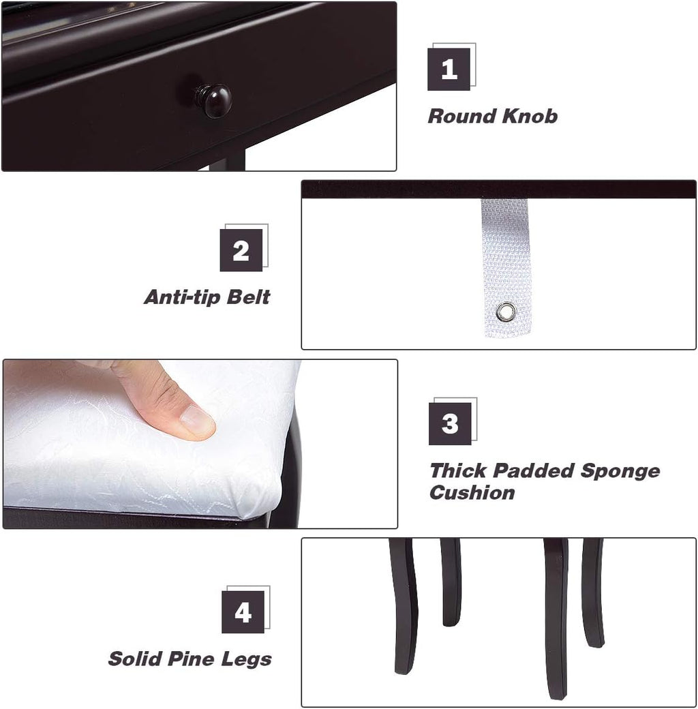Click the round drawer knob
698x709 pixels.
pos(214,100)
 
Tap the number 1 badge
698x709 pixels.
pos(449,70)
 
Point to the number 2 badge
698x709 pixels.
pos(241,250)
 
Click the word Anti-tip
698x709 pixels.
pos(183,297)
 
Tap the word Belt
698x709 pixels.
pos(248,297)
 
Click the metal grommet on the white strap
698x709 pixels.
pos(505,312)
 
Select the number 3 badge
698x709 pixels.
pos(450,423)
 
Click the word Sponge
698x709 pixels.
pos(620,471)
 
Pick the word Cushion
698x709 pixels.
pos(472,492)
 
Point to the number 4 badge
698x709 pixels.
pos(243,612)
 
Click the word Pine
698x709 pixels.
pos(191,659)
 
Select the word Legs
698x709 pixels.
pos(246,660)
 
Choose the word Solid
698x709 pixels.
pos(135,659)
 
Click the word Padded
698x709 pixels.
pos(534,470)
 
